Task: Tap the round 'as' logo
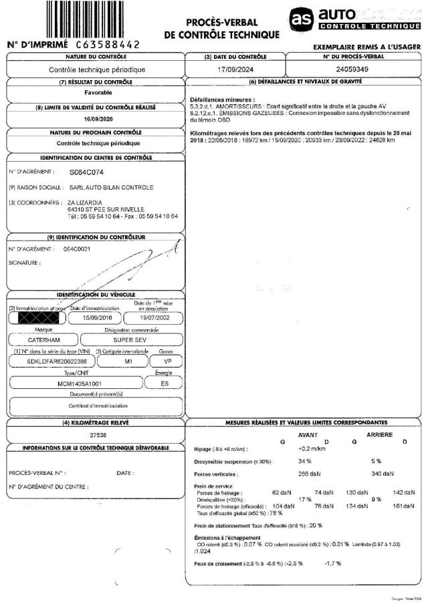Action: (302, 19)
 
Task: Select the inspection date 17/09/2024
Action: (235, 69)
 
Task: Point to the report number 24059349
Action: (352, 69)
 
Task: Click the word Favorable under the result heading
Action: (94, 94)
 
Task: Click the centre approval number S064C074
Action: (87, 172)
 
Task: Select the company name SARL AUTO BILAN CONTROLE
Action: (110, 187)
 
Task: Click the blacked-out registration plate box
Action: (38, 318)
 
